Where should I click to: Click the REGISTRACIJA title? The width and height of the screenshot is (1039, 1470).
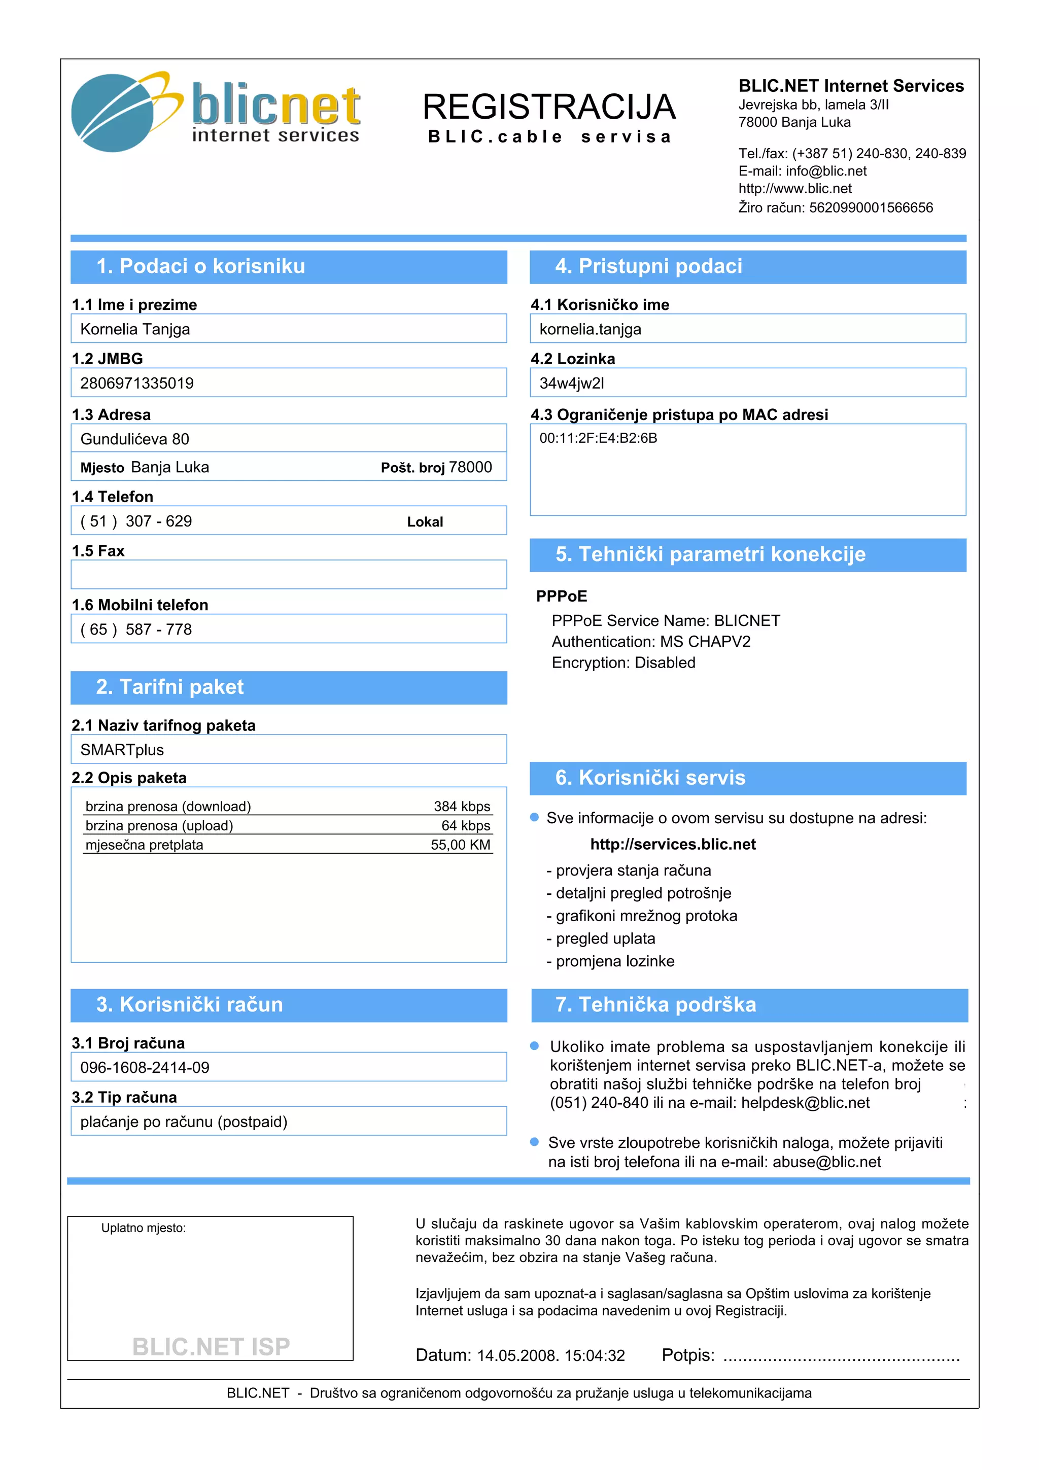(x=548, y=107)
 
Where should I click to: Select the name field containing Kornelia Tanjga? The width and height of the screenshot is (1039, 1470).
(x=288, y=329)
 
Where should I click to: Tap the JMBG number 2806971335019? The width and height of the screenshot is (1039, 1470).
(x=137, y=383)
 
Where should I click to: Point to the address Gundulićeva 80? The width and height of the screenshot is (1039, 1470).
(x=135, y=439)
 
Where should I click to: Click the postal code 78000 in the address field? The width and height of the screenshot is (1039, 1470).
(x=470, y=467)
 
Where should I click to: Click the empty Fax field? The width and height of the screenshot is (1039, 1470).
(x=288, y=574)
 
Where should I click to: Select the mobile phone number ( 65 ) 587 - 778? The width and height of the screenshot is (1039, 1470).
(x=136, y=629)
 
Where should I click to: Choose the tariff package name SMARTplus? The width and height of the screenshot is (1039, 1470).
(x=122, y=750)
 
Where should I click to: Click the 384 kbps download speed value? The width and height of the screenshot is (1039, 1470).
(x=462, y=806)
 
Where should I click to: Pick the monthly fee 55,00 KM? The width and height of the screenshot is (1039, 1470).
(x=460, y=845)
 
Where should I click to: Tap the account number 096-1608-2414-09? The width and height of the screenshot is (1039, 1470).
(x=145, y=1067)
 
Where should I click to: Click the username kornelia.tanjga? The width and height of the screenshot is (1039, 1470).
(x=590, y=329)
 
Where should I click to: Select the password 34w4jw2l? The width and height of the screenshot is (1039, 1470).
(x=572, y=383)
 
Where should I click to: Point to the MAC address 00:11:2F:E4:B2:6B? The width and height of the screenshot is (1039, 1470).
(x=598, y=439)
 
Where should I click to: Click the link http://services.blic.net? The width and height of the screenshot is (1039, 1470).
(x=673, y=845)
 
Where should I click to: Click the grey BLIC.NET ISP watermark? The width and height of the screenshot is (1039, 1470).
(x=211, y=1346)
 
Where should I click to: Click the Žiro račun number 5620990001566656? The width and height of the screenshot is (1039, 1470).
(x=871, y=207)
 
